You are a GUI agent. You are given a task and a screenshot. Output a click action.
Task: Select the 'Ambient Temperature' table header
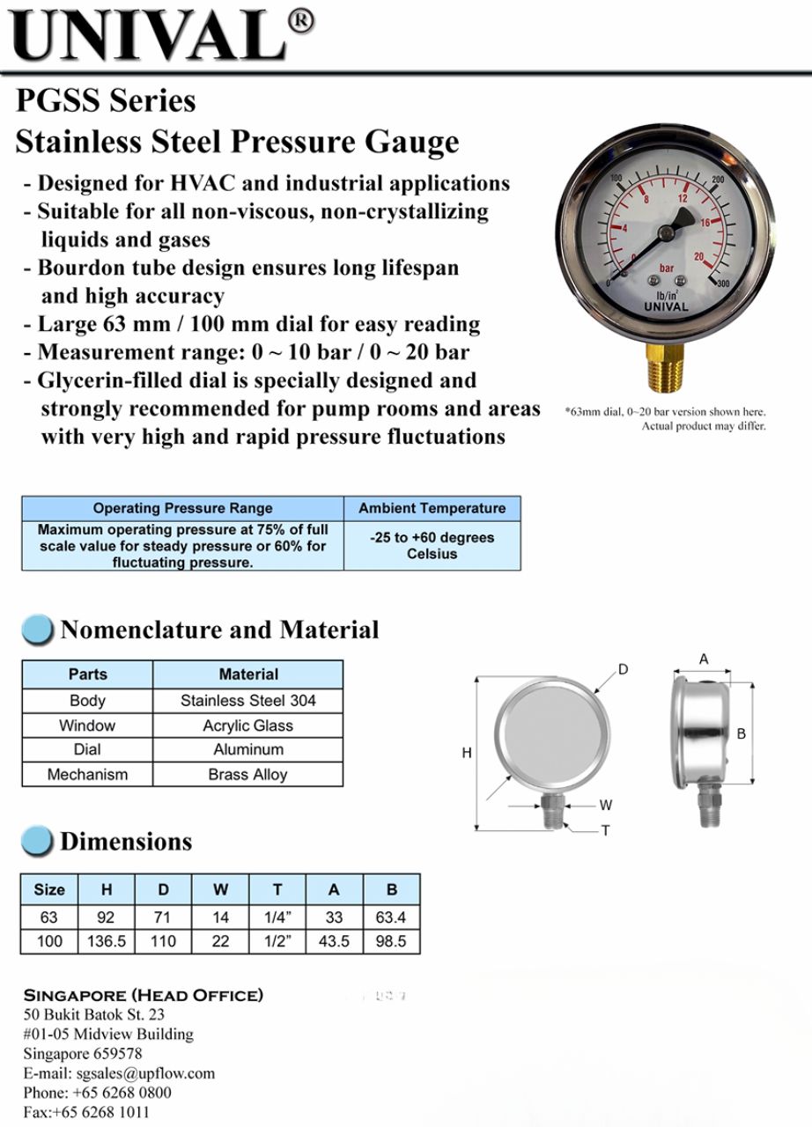pyautogui.click(x=432, y=508)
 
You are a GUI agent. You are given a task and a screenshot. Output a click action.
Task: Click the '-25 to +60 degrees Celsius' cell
pyautogui.click(x=432, y=545)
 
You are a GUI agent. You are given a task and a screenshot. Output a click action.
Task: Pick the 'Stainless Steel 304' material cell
pyautogui.click(x=247, y=701)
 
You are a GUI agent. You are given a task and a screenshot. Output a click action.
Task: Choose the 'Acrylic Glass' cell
pyautogui.click(x=247, y=726)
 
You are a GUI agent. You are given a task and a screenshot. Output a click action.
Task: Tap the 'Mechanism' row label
pyautogui.click(x=87, y=775)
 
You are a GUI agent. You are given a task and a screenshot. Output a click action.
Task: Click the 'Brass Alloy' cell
pyautogui.click(x=247, y=775)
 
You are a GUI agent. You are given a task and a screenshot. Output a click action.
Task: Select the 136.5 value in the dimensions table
pyautogui.click(x=107, y=941)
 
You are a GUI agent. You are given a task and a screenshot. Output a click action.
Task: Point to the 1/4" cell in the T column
pyautogui.click(x=277, y=917)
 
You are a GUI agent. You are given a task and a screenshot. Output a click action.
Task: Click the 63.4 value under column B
pyautogui.click(x=391, y=917)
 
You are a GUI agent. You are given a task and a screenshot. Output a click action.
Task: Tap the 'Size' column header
pyautogui.click(x=49, y=889)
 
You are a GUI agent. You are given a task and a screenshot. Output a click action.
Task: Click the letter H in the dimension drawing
pyautogui.click(x=467, y=753)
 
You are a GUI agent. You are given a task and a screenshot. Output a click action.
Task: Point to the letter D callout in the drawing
pyautogui.click(x=623, y=670)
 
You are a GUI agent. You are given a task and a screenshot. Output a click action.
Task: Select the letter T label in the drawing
pyautogui.click(x=606, y=830)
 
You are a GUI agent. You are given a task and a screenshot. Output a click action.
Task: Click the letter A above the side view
pyautogui.click(x=704, y=659)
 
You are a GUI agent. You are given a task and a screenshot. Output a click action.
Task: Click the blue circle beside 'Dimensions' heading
pyautogui.click(x=36, y=841)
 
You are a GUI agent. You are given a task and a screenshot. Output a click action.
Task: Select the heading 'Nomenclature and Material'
pyautogui.click(x=219, y=630)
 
